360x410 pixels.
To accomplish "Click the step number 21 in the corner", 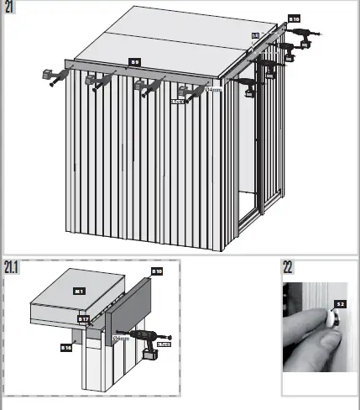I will (9, 9).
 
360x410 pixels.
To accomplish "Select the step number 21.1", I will (11, 268).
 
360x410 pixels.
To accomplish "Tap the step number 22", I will (289, 268).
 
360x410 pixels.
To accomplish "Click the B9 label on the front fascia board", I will (134, 61).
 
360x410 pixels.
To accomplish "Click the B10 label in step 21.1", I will (156, 271).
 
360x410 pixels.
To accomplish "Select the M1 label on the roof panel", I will (79, 291).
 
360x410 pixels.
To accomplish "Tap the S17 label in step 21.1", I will (84, 319).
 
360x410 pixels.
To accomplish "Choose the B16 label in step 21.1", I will (65, 345).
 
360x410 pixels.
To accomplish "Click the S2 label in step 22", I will (340, 303).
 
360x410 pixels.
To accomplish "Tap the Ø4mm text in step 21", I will (212, 89).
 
